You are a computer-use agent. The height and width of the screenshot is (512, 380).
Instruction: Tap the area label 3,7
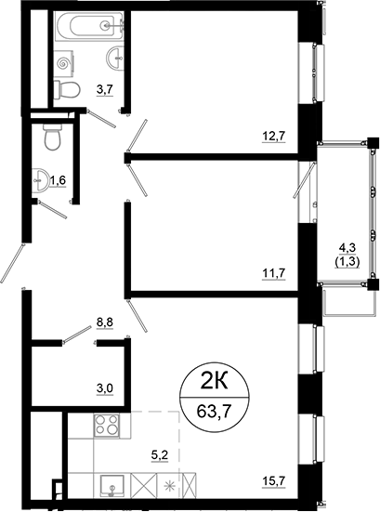pyautogui.click(x=105, y=89)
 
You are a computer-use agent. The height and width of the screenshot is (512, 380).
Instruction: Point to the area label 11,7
pyautogui.click(x=272, y=272)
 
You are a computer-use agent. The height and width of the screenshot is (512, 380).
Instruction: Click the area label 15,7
pyautogui.click(x=272, y=481)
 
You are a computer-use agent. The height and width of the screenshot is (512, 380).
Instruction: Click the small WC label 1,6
pyautogui.click(x=58, y=179)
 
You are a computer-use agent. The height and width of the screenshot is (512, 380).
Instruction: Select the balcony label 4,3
pyautogui.click(x=349, y=247)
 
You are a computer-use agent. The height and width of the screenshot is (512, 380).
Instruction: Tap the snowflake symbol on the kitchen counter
pyautogui.click(x=168, y=485)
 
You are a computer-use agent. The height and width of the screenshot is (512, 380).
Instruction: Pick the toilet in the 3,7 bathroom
pyautogui.click(x=65, y=88)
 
